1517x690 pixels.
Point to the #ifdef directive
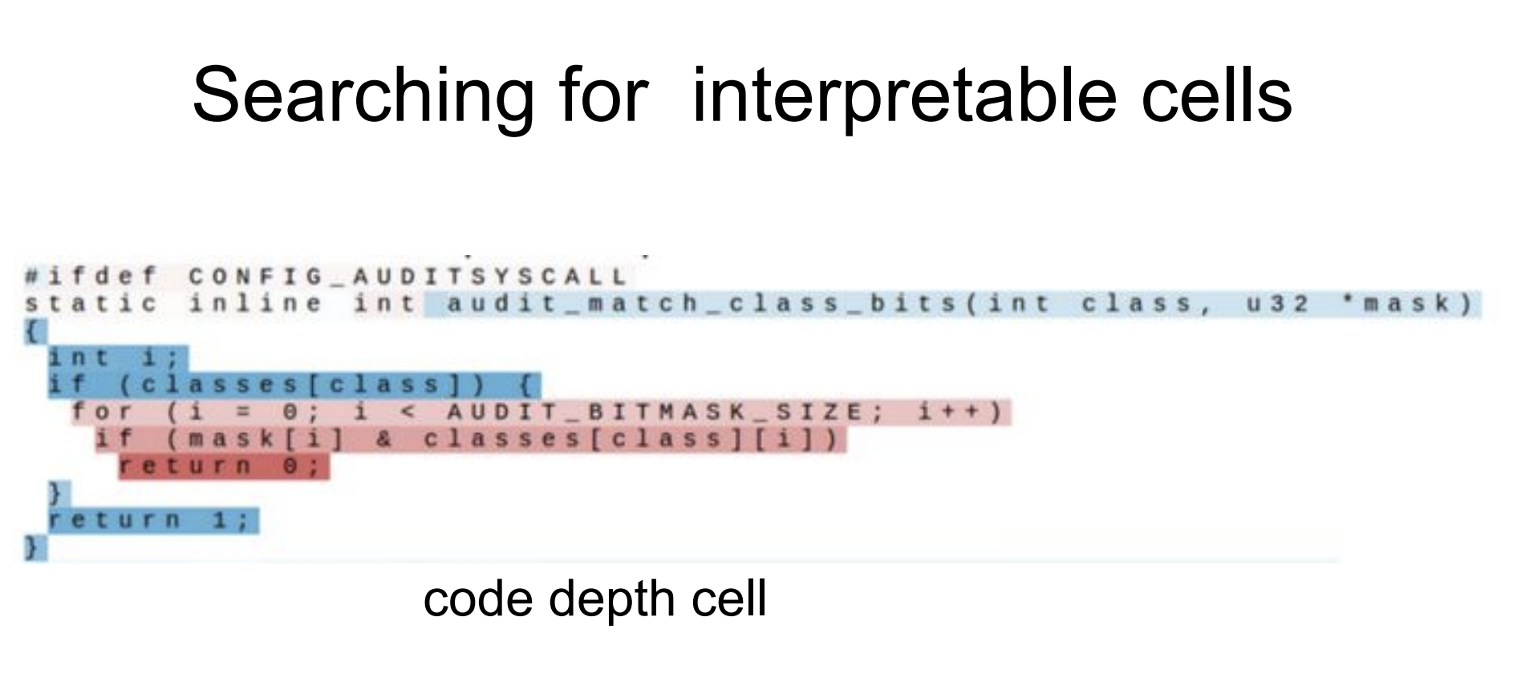[x=91, y=277]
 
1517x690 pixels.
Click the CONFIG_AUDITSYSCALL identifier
[x=408, y=278]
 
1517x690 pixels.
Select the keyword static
[x=91, y=304]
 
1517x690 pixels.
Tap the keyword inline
[x=256, y=304]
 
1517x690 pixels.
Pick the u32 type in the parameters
[x=1278, y=304]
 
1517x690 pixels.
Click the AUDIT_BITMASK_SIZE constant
[x=654, y=412]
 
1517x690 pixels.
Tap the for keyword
[x=103, y=412]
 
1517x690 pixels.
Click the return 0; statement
[x=223, y=466]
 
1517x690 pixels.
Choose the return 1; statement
[x=152, y=521]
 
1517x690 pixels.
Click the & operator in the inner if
[x=384, y=440]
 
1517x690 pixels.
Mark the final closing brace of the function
[x=33, y=548]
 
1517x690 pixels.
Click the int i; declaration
[x=116, y=358]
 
